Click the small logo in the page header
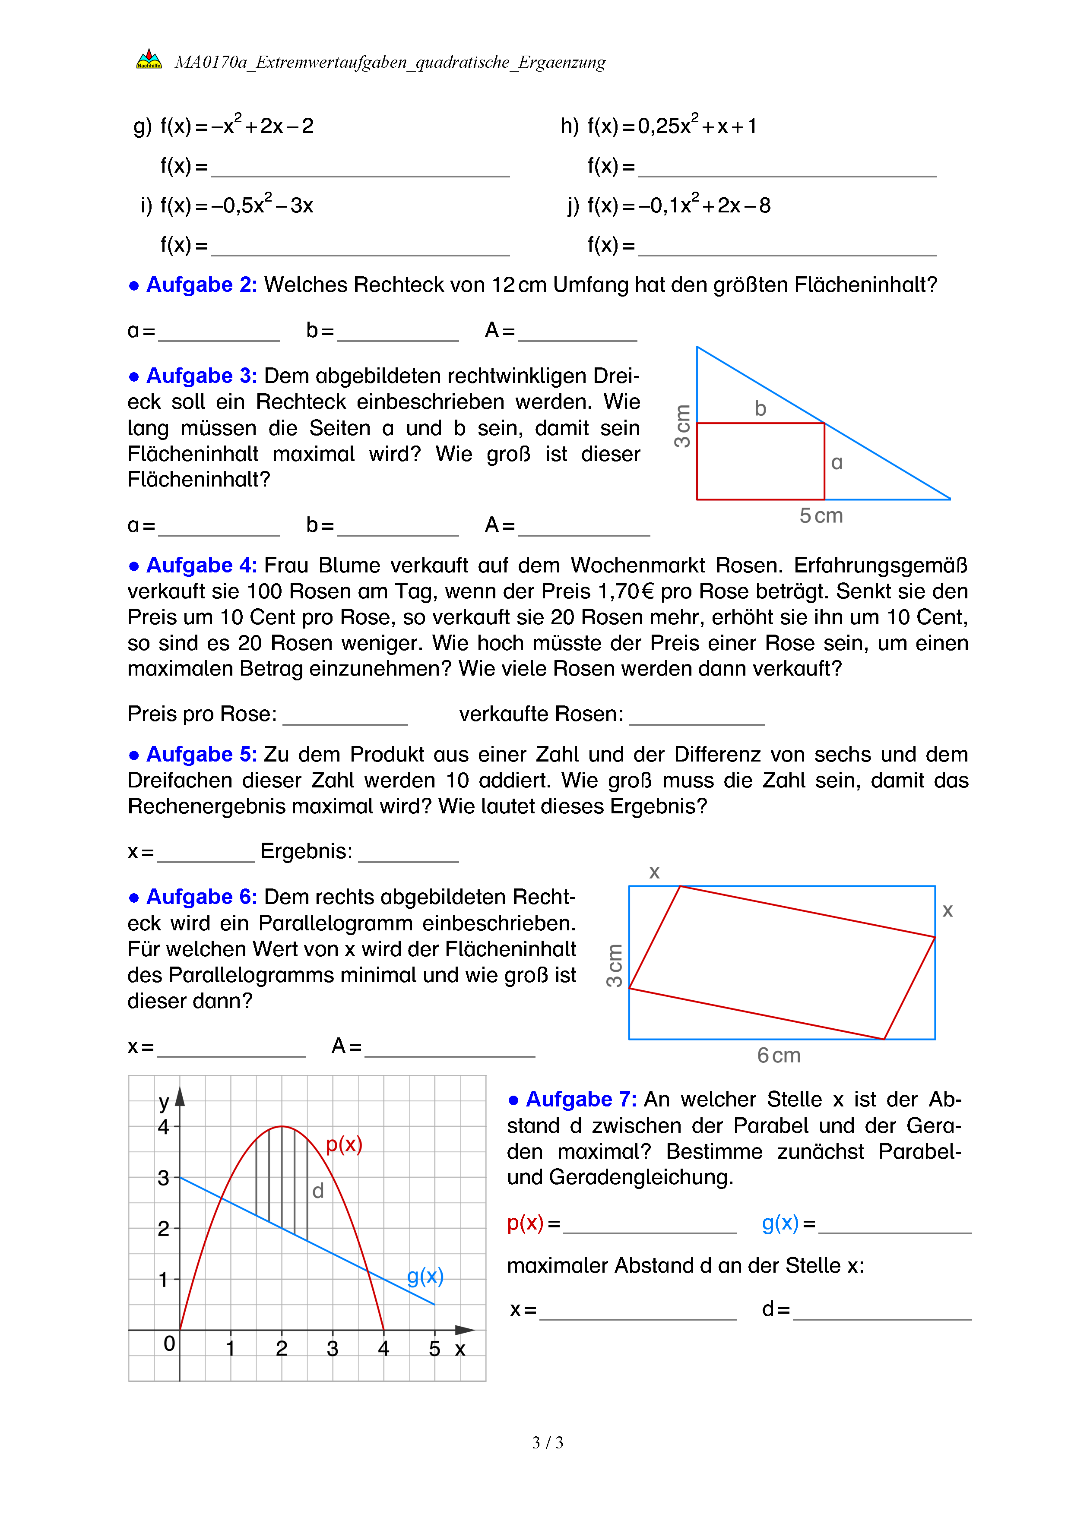pos(149,60)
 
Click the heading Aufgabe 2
pos(201,285)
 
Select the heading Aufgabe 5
pos(201,754)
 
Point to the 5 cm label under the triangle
pos(821,515)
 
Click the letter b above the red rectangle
pos(760,409)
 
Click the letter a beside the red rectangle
pos(837,463)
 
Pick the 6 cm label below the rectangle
pos(779,1056)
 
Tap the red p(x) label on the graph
pos(344,1144)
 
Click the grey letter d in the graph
pos(318,1192)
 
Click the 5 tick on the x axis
pos(434,1349)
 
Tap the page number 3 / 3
pos(547,1443)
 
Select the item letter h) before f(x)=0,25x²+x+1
pos(569,126)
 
